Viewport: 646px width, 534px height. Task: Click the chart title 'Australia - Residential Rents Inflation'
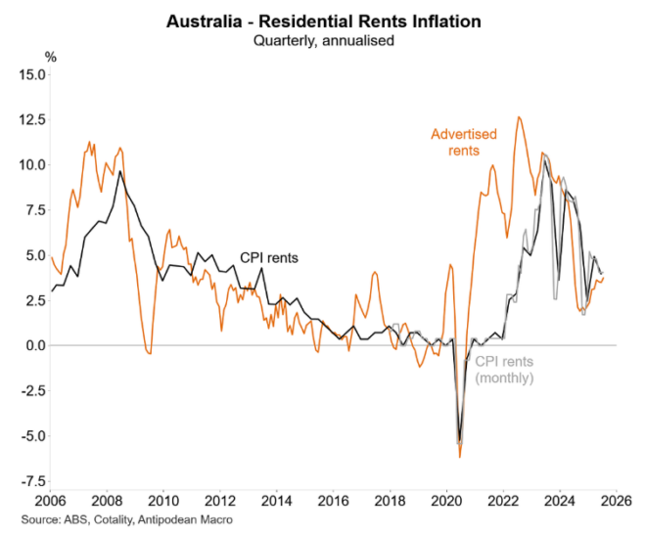click(x=324, y=21)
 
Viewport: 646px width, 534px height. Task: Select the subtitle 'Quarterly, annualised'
click(x=324, y=40)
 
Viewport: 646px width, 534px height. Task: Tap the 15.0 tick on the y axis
click(x=31, y=74)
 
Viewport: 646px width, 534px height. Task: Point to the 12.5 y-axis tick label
click(x=31, y=119)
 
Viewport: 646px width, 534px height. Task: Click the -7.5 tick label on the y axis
click(x=31, y=481)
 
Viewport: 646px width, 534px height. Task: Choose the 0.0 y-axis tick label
click(x=35, y=345)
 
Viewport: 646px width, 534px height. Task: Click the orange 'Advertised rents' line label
click(x=465, y=142)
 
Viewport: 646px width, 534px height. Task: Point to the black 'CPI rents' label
click(x=269, y=258)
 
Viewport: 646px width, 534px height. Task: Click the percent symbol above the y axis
click(x=51, y=57)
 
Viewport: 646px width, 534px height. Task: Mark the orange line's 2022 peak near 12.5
click(x=518, y=117)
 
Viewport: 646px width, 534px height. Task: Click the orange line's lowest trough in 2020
click(x=459, y=457)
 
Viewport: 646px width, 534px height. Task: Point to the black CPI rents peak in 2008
click(x=119, y=172)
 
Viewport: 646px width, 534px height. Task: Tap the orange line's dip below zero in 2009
click(x=149, y=353)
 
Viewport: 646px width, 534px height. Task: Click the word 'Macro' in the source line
click(x=214, y=519)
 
